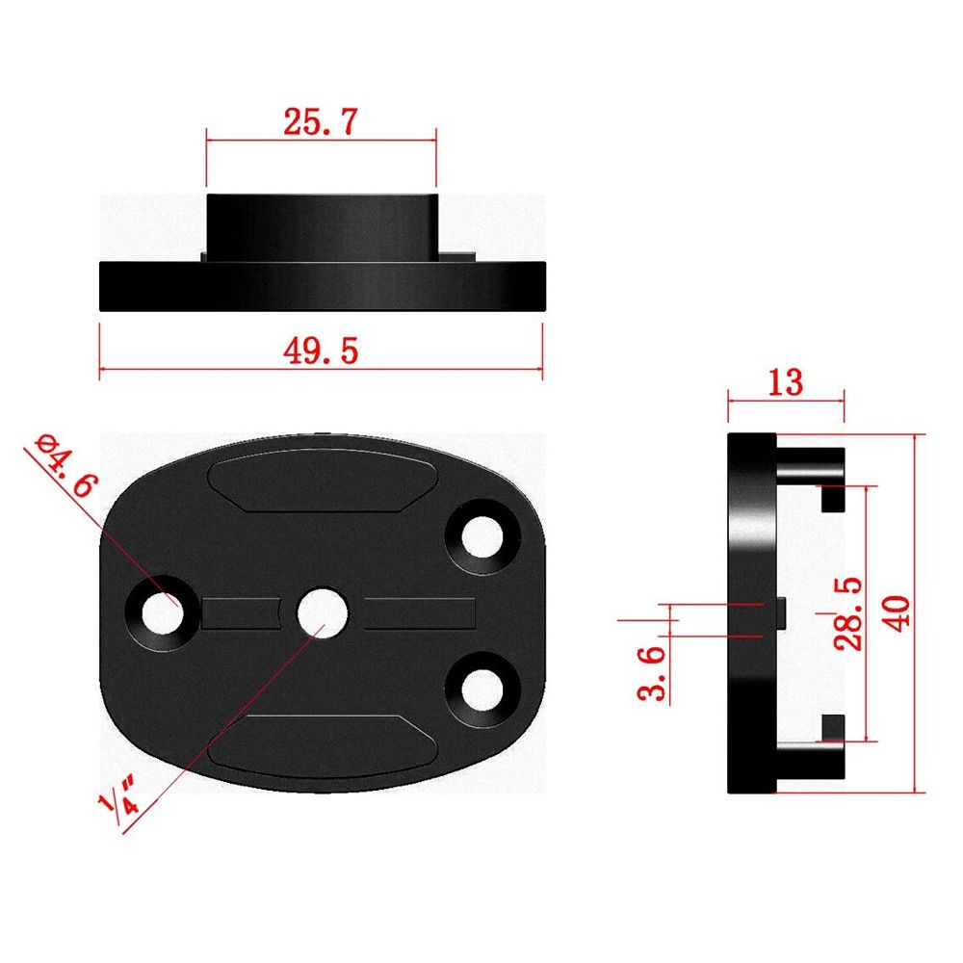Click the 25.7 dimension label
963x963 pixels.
320,121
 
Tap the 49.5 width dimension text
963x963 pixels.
321,351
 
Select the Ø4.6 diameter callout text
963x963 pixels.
66,465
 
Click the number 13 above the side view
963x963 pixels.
786,382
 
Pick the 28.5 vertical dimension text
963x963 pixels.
847,613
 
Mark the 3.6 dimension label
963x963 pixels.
651,673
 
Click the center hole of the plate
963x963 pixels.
323,612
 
